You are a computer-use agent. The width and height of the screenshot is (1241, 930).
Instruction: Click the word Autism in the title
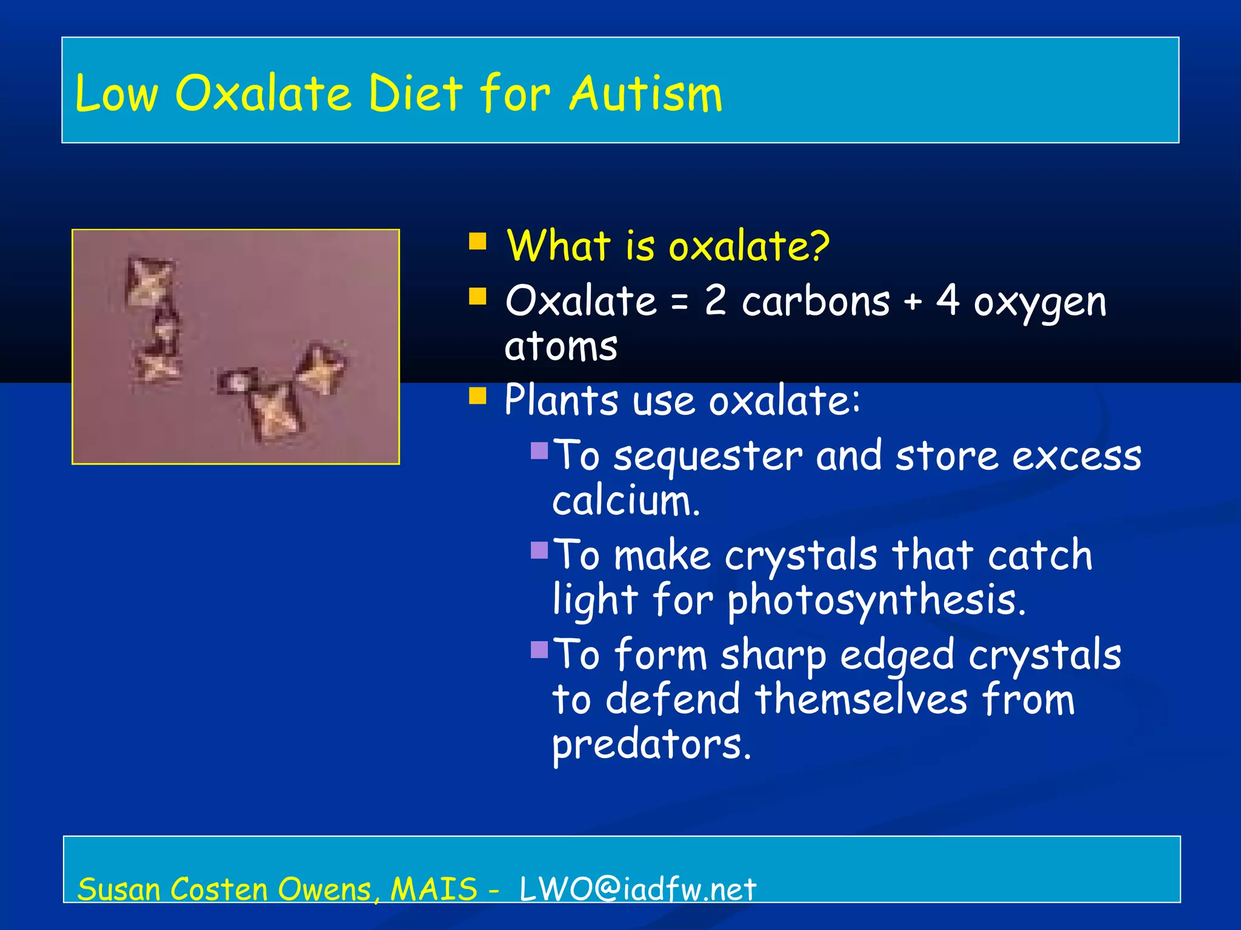[646, 94]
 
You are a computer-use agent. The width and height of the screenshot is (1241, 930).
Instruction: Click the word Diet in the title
[416, 94]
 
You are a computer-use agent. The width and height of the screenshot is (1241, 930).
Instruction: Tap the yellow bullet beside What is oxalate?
[477, 242]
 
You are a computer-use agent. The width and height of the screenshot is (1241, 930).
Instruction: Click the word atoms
[561, 347]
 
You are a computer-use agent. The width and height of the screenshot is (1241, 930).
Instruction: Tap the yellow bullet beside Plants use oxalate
[477, 396]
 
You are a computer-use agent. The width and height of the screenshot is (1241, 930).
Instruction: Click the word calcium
[625, 501]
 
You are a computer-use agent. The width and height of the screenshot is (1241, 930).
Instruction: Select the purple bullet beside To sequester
[539, 450]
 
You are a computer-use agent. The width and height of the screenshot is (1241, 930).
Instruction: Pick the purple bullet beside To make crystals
[539, 550]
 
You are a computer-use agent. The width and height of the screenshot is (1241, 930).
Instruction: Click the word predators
[651, 744]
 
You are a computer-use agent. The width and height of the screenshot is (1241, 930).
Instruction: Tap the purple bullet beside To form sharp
[539, 649]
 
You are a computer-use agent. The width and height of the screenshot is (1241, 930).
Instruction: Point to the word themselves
[861, 699]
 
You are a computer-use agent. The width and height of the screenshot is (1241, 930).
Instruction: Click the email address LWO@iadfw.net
[637, 889]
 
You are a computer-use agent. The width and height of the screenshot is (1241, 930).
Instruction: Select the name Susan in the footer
[119, 889]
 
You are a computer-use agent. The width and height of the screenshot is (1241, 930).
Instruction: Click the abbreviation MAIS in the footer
[434, 889]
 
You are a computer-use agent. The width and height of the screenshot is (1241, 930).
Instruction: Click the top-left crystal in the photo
[148, 281]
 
